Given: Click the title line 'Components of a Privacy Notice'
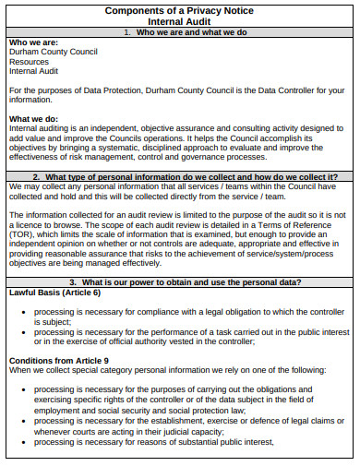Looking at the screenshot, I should click(x=179, y=10).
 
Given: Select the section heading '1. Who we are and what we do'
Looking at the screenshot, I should click(x=179, y=32).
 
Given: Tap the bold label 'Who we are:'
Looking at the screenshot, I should click(x=32, y=43).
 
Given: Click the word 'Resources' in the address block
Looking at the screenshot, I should click(x=30, y=62).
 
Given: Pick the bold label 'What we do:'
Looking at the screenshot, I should click(x=33, y=119).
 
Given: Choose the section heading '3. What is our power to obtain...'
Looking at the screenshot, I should click(x=179, y=281).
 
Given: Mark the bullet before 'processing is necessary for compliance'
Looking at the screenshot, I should click(x=23, y=312).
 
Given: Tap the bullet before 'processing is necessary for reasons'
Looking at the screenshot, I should click(x=23, y=442).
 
